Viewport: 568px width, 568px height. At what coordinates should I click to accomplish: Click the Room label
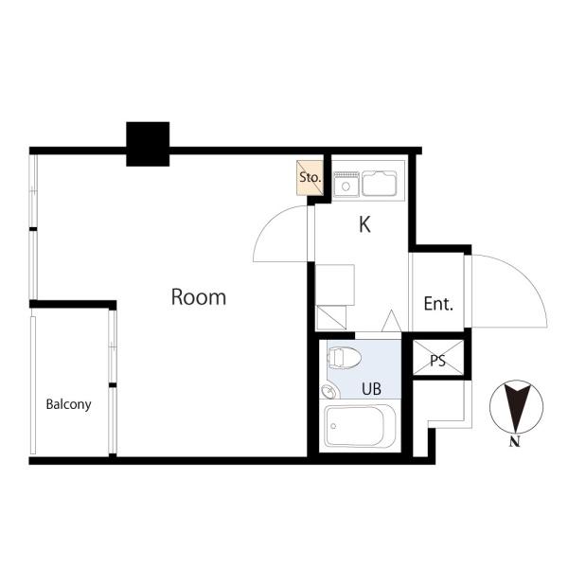[x=199, y=297]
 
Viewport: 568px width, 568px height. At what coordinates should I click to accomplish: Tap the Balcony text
[x=68, y=404]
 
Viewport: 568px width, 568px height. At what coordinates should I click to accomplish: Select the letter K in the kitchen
[x=364, y=224]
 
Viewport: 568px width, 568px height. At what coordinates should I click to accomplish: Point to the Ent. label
[x=438, y=304]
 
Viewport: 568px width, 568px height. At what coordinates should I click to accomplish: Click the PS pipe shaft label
[x=438, y=361]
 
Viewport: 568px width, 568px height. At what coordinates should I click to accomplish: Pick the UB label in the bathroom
[x=371, y=389]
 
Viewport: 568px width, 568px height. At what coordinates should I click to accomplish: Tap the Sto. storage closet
[x=310, y=178]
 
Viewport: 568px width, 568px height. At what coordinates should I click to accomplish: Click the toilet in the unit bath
[x=345, y=358]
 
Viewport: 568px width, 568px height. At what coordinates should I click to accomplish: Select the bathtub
[x=360, y=426]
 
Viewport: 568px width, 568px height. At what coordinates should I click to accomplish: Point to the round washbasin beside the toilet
[x=329, y=391]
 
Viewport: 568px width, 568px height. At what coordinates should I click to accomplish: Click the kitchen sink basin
[x=380, y=184]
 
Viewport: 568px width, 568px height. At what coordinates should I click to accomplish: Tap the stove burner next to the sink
[x=346, y=185]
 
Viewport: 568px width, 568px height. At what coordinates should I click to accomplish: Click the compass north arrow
[x=516, y=407]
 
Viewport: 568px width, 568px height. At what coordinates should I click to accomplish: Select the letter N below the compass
[x=514, y=442]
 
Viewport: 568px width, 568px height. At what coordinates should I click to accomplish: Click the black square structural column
[x=148, y=144]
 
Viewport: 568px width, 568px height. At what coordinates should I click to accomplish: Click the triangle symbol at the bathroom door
[x=392, y=321]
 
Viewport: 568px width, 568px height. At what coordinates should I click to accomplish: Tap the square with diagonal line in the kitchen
[x=331, y=318]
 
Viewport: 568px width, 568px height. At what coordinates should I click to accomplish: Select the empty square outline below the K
[x=335, y=285]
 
